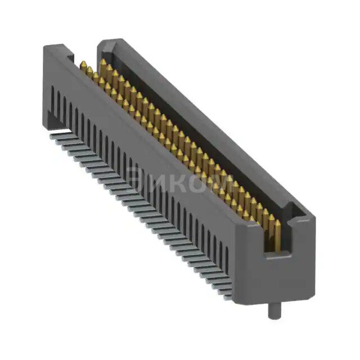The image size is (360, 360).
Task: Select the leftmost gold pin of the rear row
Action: point(103,64)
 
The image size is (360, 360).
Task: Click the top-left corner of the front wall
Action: point(45,48)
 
